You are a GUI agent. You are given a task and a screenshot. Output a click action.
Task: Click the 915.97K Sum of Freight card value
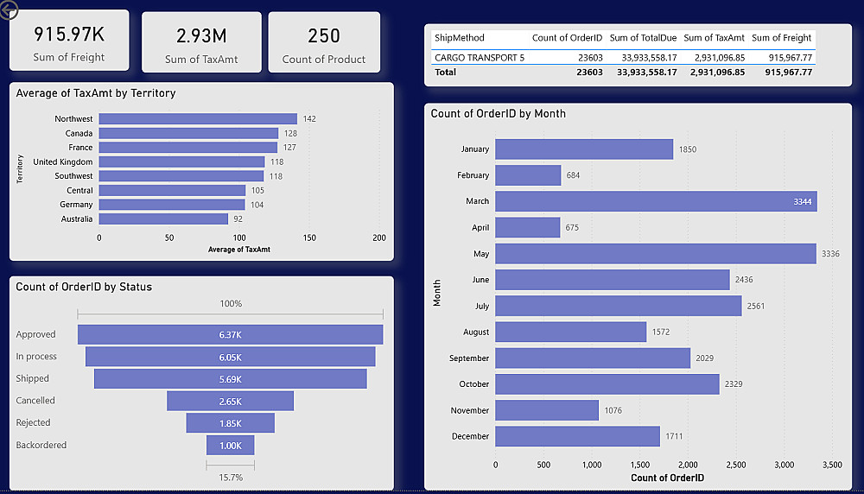point(69,35)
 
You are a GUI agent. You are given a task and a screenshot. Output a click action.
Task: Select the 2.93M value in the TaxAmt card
point(201,35)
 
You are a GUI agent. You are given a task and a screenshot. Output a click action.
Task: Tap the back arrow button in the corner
point(9,10)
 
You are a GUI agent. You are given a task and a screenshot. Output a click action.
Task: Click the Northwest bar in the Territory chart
point(198,119)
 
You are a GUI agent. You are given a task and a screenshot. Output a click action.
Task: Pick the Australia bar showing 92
point(163,219)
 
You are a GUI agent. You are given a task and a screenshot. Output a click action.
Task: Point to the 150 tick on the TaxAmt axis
point(309,237)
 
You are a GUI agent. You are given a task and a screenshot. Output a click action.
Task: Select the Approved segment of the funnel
point(230,334)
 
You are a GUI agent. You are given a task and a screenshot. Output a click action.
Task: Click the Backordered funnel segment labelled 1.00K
point(230,445)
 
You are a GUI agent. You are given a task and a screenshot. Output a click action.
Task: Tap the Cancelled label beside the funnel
point(35,401)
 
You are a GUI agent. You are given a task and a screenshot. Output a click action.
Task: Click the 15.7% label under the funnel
point(231,478)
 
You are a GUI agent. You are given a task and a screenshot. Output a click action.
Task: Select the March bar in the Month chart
point(656,201)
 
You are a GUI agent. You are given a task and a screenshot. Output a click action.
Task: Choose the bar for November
point(547,410)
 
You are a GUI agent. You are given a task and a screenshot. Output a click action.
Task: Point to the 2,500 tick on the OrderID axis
point(735,465)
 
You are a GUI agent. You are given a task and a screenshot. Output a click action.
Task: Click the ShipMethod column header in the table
point(460,38)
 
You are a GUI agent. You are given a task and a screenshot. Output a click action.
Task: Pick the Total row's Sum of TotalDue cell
point(643,73)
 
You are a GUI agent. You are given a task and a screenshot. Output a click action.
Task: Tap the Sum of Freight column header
point(781,38)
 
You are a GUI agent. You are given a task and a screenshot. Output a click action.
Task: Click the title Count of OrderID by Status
point(84,287)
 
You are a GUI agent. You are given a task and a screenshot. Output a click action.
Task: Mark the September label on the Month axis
point(468,358)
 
